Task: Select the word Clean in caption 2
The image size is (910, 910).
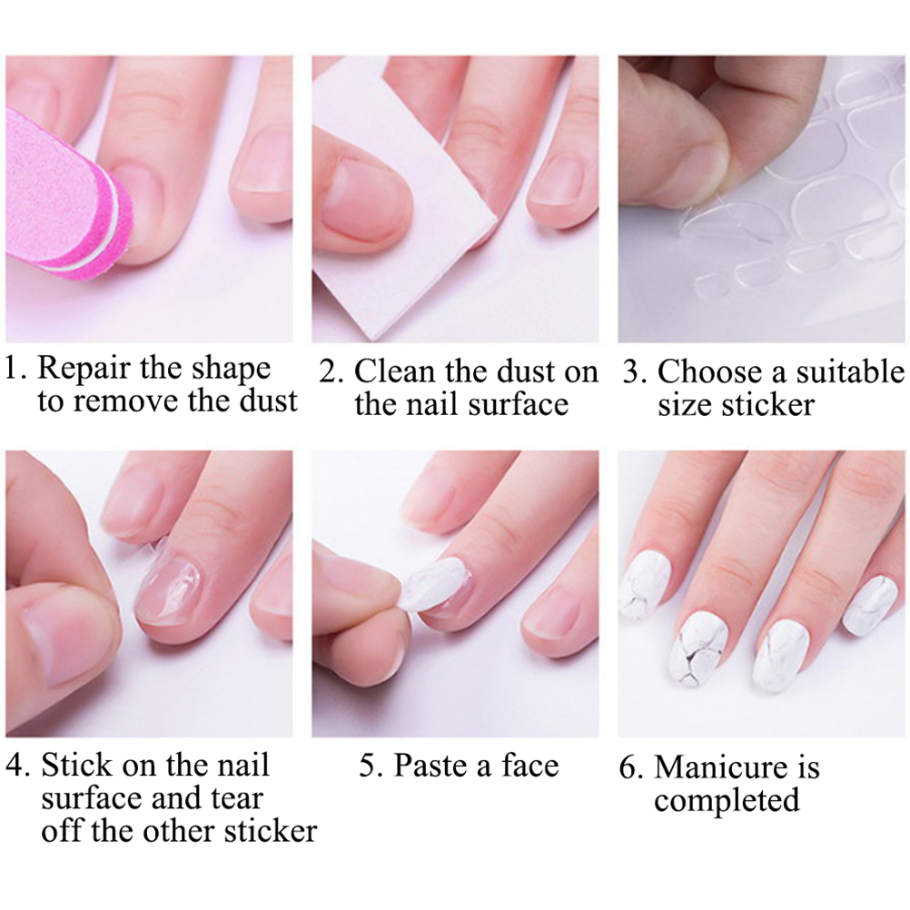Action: coord(395,371)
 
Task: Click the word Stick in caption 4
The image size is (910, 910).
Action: coord(76,765)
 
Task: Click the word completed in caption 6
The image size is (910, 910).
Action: coord(726,801)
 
